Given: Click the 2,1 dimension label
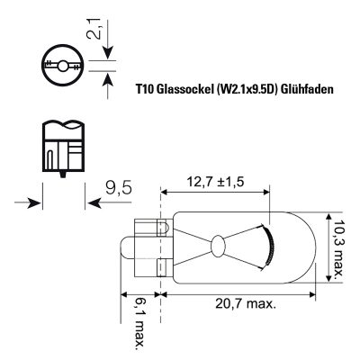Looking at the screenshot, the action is tap(93, 28).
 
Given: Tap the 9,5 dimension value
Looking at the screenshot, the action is tap(119, 188).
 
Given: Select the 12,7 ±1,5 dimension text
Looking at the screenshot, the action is tap(215, 182).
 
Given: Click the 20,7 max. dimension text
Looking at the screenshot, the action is tap(246, 304).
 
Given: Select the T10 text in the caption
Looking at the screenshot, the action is tap(145, 89).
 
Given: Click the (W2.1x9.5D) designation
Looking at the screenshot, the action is tap(245, 89).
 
